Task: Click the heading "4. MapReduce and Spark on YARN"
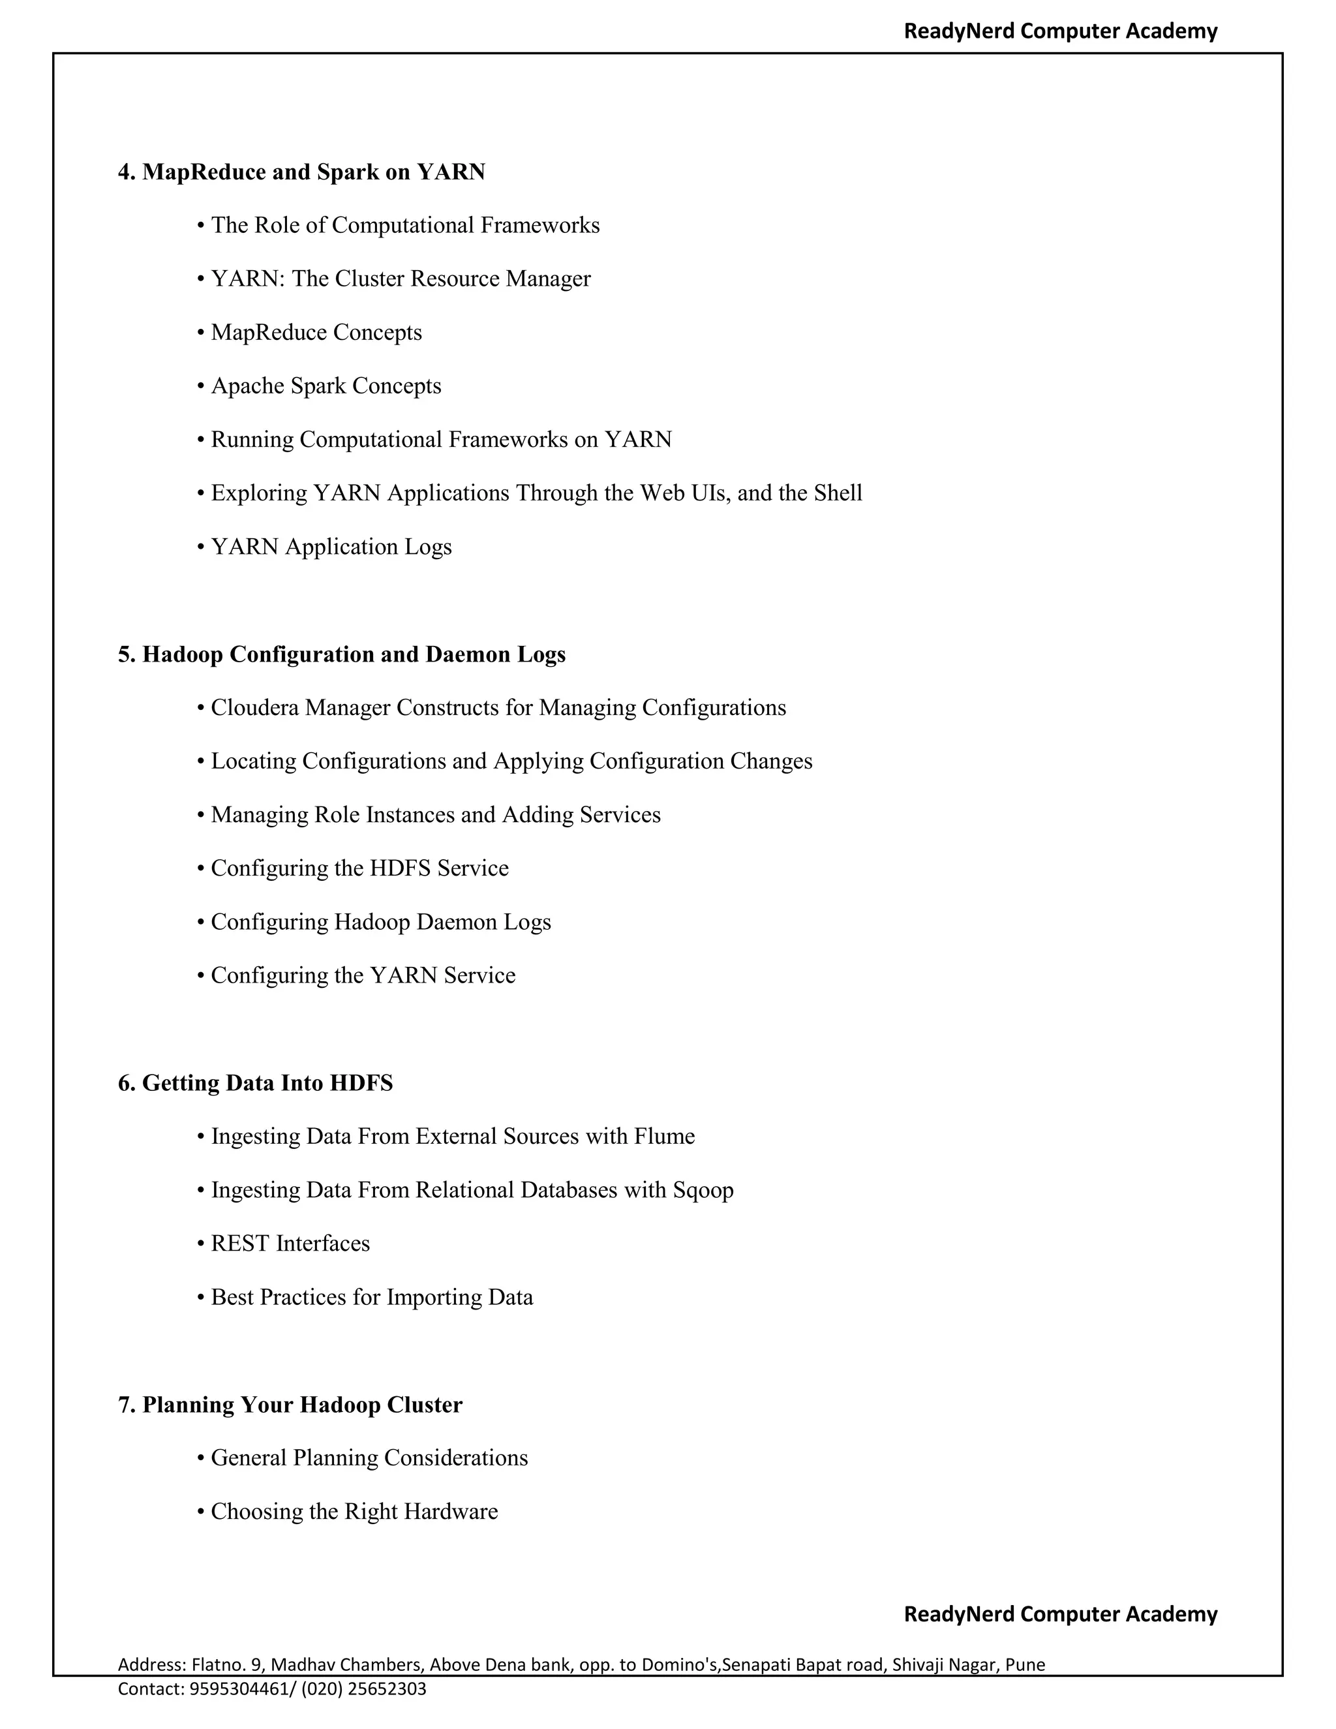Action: click(x=301, y=172)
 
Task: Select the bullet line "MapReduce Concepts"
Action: click(x=316, y=333)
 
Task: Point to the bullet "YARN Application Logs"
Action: click(x=331, y=547)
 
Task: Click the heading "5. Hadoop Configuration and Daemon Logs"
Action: click(x=342, y=654)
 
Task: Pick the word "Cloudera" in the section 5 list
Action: click(x=255, y=708)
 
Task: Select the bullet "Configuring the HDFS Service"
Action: click(x=359, y=868)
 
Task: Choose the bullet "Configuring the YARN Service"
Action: click(x=363, y=975)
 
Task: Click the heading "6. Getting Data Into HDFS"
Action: click(x=256, y=1083)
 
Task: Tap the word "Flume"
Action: click(x=664, y=1137)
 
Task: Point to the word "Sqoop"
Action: click(x=703, y=1191)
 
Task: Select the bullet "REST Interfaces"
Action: click(x=290, y=1244)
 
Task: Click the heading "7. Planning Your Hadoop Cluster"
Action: click(x=290, y=1405)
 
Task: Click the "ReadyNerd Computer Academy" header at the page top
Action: click(x=1061, y=31)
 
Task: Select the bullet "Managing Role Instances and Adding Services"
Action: click(x=435, y=815)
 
